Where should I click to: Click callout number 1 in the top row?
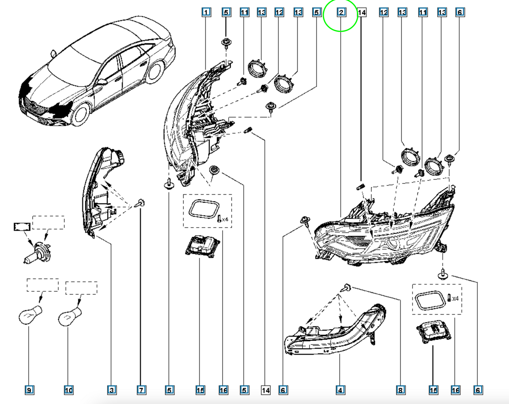206,12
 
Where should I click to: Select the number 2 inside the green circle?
341,12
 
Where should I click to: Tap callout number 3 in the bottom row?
112,390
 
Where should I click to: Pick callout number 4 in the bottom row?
340,390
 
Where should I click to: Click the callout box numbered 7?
142,390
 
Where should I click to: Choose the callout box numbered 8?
401,390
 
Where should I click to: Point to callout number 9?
29,390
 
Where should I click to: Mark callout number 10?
69,390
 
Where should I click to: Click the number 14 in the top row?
362,12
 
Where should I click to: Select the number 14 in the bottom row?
266,390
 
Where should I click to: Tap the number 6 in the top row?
460,12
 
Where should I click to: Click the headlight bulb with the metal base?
37,253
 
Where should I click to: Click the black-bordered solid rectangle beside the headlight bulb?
22,227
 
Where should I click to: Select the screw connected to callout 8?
346,288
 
